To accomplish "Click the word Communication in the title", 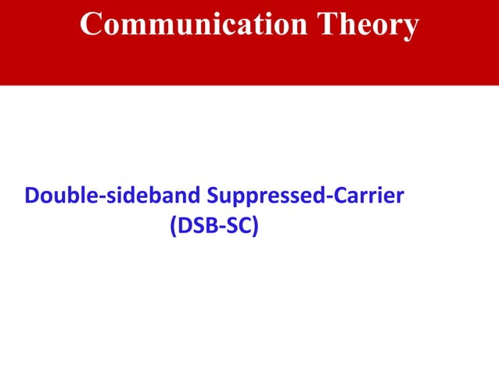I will pos(192,25).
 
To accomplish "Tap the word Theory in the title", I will pos(366,27).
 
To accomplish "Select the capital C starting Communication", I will pos(92,25).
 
